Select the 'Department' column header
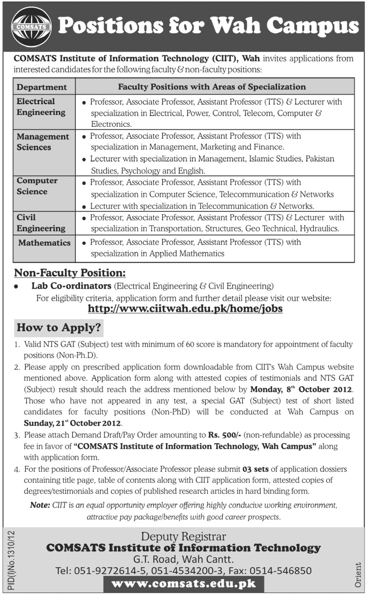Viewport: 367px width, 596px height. (42, 87)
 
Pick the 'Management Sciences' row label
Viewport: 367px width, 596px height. (43, 142)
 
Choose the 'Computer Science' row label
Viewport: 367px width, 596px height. (37, 186)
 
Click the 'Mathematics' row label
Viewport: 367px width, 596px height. (45, 243)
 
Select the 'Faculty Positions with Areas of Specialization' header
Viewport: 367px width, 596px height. (212, 87)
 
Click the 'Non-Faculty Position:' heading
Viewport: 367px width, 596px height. (69, 273)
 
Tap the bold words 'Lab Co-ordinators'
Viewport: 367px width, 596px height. (71, 286)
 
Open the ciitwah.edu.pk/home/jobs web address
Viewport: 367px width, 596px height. (185, 308)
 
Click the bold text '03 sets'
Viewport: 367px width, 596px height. (258, 469)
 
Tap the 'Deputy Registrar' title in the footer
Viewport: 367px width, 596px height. (183, 537)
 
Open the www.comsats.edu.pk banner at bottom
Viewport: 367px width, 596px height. (183, 584)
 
